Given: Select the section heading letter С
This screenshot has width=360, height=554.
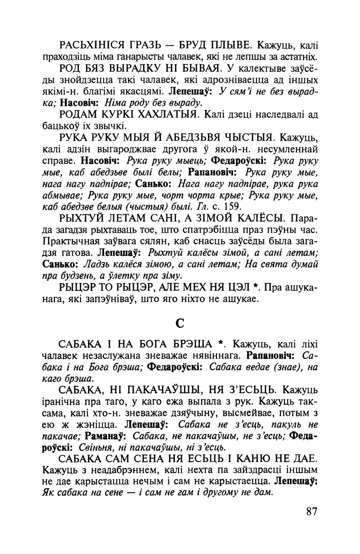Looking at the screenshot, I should pyautogui.click(x=180, y=323).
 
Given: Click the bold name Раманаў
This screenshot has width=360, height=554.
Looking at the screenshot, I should pyautogui.click(x=105, y=436).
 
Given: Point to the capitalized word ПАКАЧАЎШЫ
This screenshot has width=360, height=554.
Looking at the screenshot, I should pyautogui.click(x=166, y=390).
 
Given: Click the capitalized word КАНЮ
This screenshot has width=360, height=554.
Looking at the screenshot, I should pyautogui.click(x=267, y=459).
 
